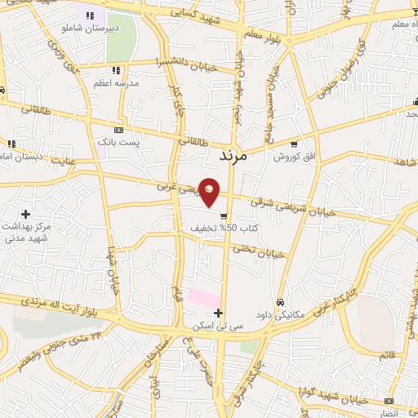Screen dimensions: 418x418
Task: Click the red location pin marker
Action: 210,191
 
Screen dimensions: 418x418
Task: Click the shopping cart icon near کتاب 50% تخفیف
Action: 223,216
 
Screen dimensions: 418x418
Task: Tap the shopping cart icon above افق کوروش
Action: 294,142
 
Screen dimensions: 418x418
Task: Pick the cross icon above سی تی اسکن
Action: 218,312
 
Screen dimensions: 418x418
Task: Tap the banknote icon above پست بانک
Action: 120,129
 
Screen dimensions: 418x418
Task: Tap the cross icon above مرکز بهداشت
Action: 26,213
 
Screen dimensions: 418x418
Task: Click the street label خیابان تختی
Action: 264,254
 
